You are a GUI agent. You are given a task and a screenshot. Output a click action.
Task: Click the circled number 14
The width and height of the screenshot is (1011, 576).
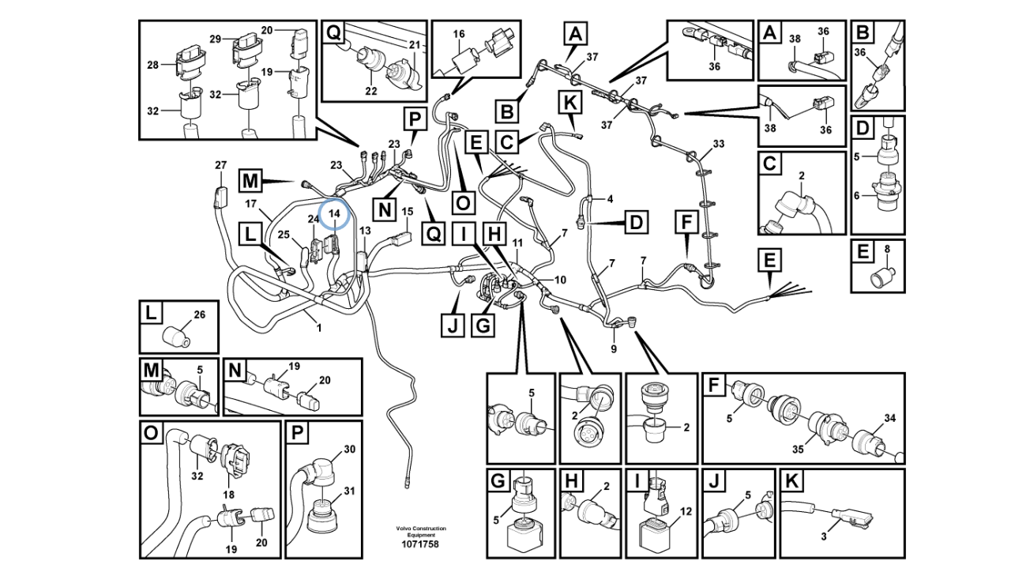pyautogui.click(x=334, y=213)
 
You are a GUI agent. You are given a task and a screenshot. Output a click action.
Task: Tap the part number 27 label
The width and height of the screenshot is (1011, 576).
pyautogui.click(x=220, y=165)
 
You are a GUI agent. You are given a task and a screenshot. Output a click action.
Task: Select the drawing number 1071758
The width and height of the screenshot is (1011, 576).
pyautogui.click(x=421, y=544)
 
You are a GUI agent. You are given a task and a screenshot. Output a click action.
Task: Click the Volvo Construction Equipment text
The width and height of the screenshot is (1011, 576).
pyautogui.click(x=421, y=532)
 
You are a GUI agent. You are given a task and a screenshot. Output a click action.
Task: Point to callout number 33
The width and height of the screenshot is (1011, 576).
pyautogui.click(x=718, y=144)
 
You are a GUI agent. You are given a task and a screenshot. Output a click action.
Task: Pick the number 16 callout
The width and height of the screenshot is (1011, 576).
pyautogui.click(x=459, y=34)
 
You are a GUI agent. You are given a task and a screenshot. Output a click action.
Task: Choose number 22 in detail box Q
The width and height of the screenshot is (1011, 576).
pyautogui.click(x=371, y=91)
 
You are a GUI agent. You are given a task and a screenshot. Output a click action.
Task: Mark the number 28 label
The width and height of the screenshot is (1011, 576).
pyautogui.click(x=153, y=65)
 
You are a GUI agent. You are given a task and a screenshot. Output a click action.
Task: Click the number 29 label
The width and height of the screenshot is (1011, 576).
pyautogui.click(x=215, y=39)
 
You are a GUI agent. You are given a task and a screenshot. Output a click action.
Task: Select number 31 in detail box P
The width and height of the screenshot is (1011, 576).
pyautogui.click(x=349, y=491)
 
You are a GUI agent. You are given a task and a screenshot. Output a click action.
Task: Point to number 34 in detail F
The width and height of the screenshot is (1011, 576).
pyautogui.click(x=890, y=418)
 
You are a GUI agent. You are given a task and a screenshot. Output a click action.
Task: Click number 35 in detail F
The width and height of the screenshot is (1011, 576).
pyautogui.click(x=799, y=449)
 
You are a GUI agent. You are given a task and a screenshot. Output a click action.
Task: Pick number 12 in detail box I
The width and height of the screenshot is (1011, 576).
pyautogui.click(x=685, y=512)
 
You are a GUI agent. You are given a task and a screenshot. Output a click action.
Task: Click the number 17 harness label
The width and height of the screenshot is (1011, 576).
pyautogui.click(x=250, y=204)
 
